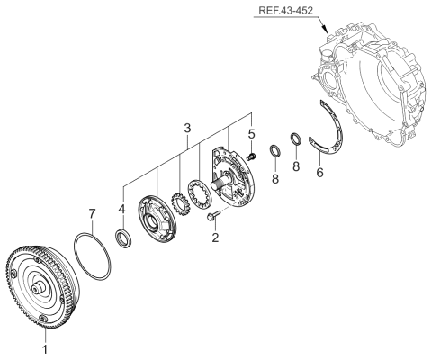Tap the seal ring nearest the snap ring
click(294, 139)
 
